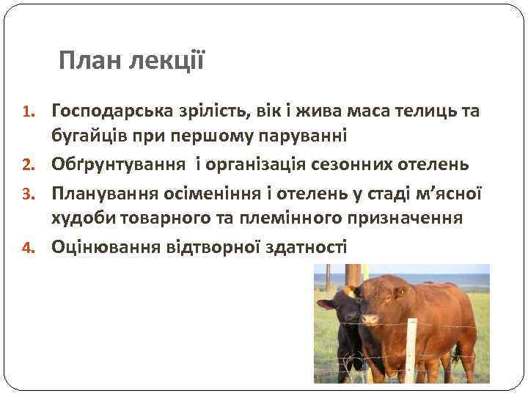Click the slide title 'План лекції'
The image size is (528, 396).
(132, 60)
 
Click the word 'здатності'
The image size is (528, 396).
(306, 247)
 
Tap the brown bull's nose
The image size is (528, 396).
(370, 320)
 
